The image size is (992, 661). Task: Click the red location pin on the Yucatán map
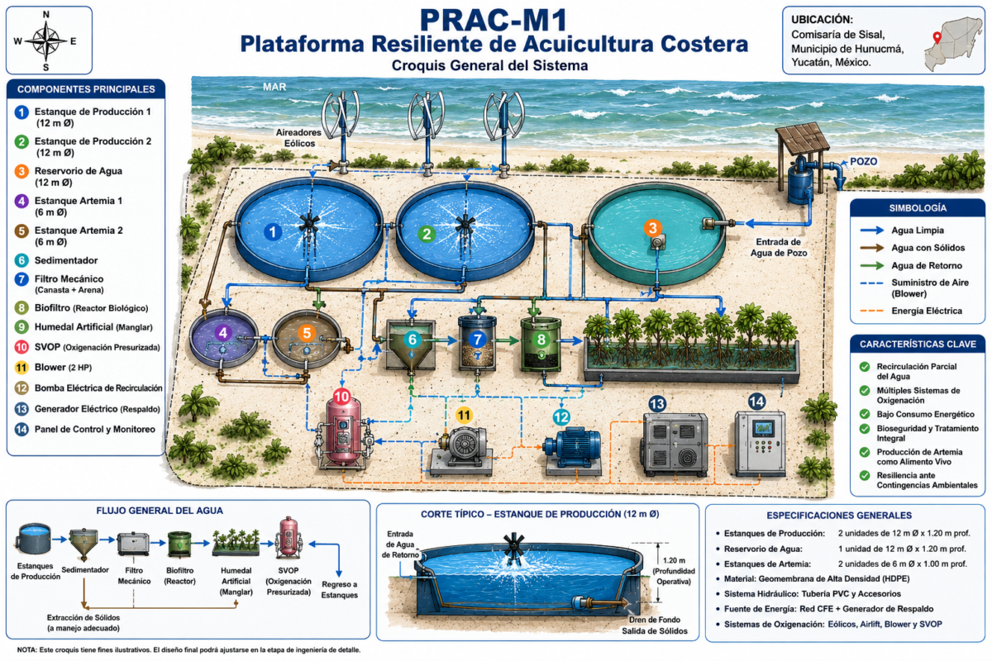pos(937,37)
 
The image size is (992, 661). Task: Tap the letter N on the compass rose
pos(46,15)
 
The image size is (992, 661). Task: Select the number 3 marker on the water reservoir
pos(652,228)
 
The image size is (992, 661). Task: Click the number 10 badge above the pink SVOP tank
pos(342,397)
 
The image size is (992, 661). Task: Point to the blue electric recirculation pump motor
pos(572,447)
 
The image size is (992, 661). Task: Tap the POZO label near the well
pos(863,161)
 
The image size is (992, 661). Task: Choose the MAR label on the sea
pos(274,87)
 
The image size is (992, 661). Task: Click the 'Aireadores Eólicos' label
pos(299,138)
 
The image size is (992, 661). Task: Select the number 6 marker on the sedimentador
pos(413,340)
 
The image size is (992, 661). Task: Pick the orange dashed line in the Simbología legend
pos(871,311)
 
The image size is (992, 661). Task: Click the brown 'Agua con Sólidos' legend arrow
pos(871,248)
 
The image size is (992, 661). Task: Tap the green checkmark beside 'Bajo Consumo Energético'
pos(865,414)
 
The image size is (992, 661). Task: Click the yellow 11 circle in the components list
pos(21,368)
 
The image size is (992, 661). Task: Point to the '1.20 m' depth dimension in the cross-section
pos(674,560)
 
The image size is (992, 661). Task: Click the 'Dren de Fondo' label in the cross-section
pos(655,620)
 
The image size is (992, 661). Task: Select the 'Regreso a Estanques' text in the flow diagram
pos(339,590)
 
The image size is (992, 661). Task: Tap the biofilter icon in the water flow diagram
pos(179,544)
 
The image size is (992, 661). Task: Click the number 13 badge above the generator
pos(656,404)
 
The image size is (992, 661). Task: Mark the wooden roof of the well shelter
pos(803,137)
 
